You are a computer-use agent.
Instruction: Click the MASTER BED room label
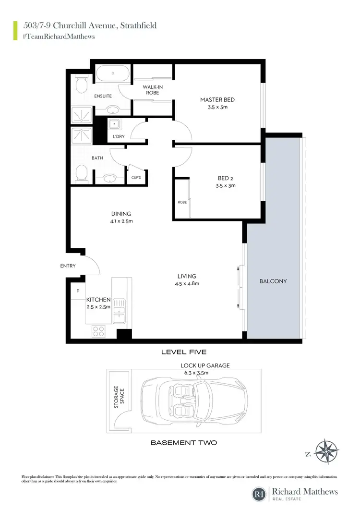(217, 100)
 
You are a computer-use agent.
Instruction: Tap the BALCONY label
(273, 281)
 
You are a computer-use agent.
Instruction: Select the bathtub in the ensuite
(112, 73)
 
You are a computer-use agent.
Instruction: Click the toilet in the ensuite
(81, 85)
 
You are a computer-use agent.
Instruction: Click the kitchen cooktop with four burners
(98, 331)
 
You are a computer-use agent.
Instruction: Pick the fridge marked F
(77, 291)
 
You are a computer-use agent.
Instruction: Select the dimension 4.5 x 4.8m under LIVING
(186, 284)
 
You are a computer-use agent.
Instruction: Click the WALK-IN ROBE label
(152, 90)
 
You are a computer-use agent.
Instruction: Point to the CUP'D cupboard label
(136, 178)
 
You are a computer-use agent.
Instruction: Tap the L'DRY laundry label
(119, 137)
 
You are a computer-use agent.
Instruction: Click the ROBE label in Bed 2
(182, 202)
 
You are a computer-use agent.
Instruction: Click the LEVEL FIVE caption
(184, 352)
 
